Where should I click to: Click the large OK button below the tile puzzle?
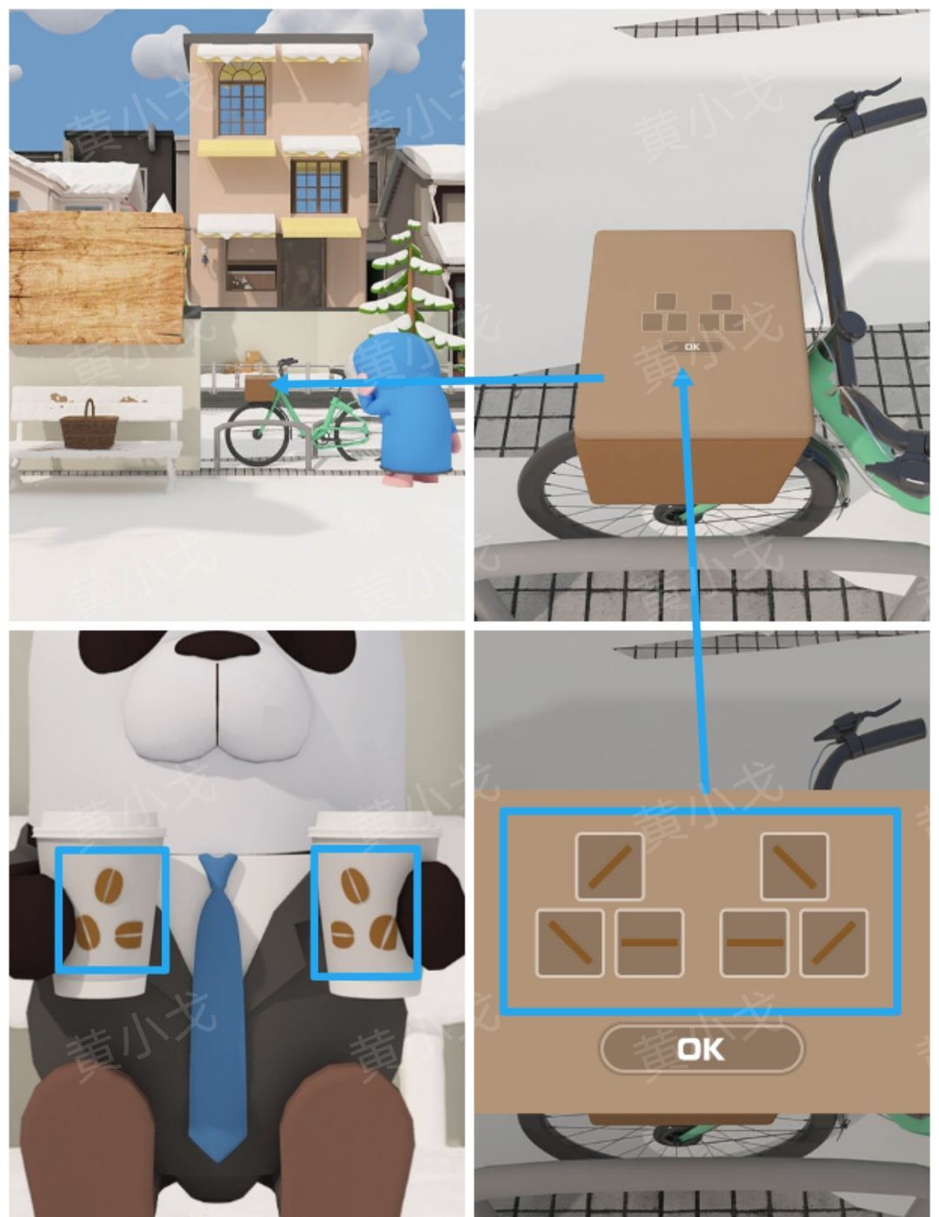[x=701, y=1048]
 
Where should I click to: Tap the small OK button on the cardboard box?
[x=692, y=347]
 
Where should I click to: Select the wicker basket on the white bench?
[x=89, y=425]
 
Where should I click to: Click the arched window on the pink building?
[x=242, y=98]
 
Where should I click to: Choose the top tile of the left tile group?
[x=609, y=866]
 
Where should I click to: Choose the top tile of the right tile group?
[x=794, y=866]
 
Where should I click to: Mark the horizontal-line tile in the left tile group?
[x=649, y=943]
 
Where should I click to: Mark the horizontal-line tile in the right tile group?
[x=754, y=943]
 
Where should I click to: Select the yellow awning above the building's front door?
[x=320, y=228]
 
